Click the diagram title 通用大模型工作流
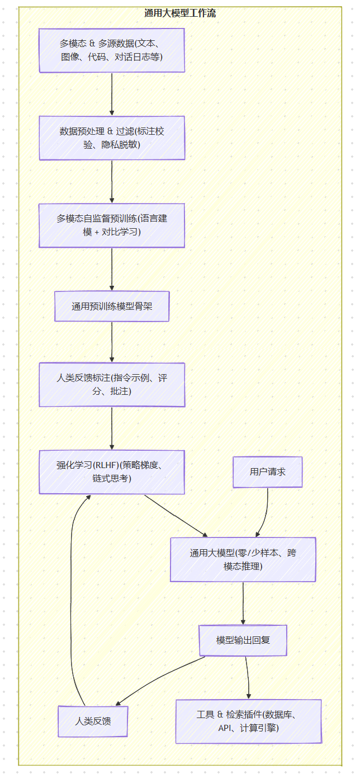180,13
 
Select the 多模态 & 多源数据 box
112,50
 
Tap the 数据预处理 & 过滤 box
112,138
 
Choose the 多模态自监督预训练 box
112,225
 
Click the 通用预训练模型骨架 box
112,306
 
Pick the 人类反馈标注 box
112,385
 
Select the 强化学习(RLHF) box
112,472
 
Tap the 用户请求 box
268,472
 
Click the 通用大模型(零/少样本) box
243,559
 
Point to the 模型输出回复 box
243,640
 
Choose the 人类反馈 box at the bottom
93,721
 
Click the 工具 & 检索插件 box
249,721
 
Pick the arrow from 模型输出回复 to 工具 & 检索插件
248,678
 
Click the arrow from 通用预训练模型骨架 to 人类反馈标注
112,342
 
